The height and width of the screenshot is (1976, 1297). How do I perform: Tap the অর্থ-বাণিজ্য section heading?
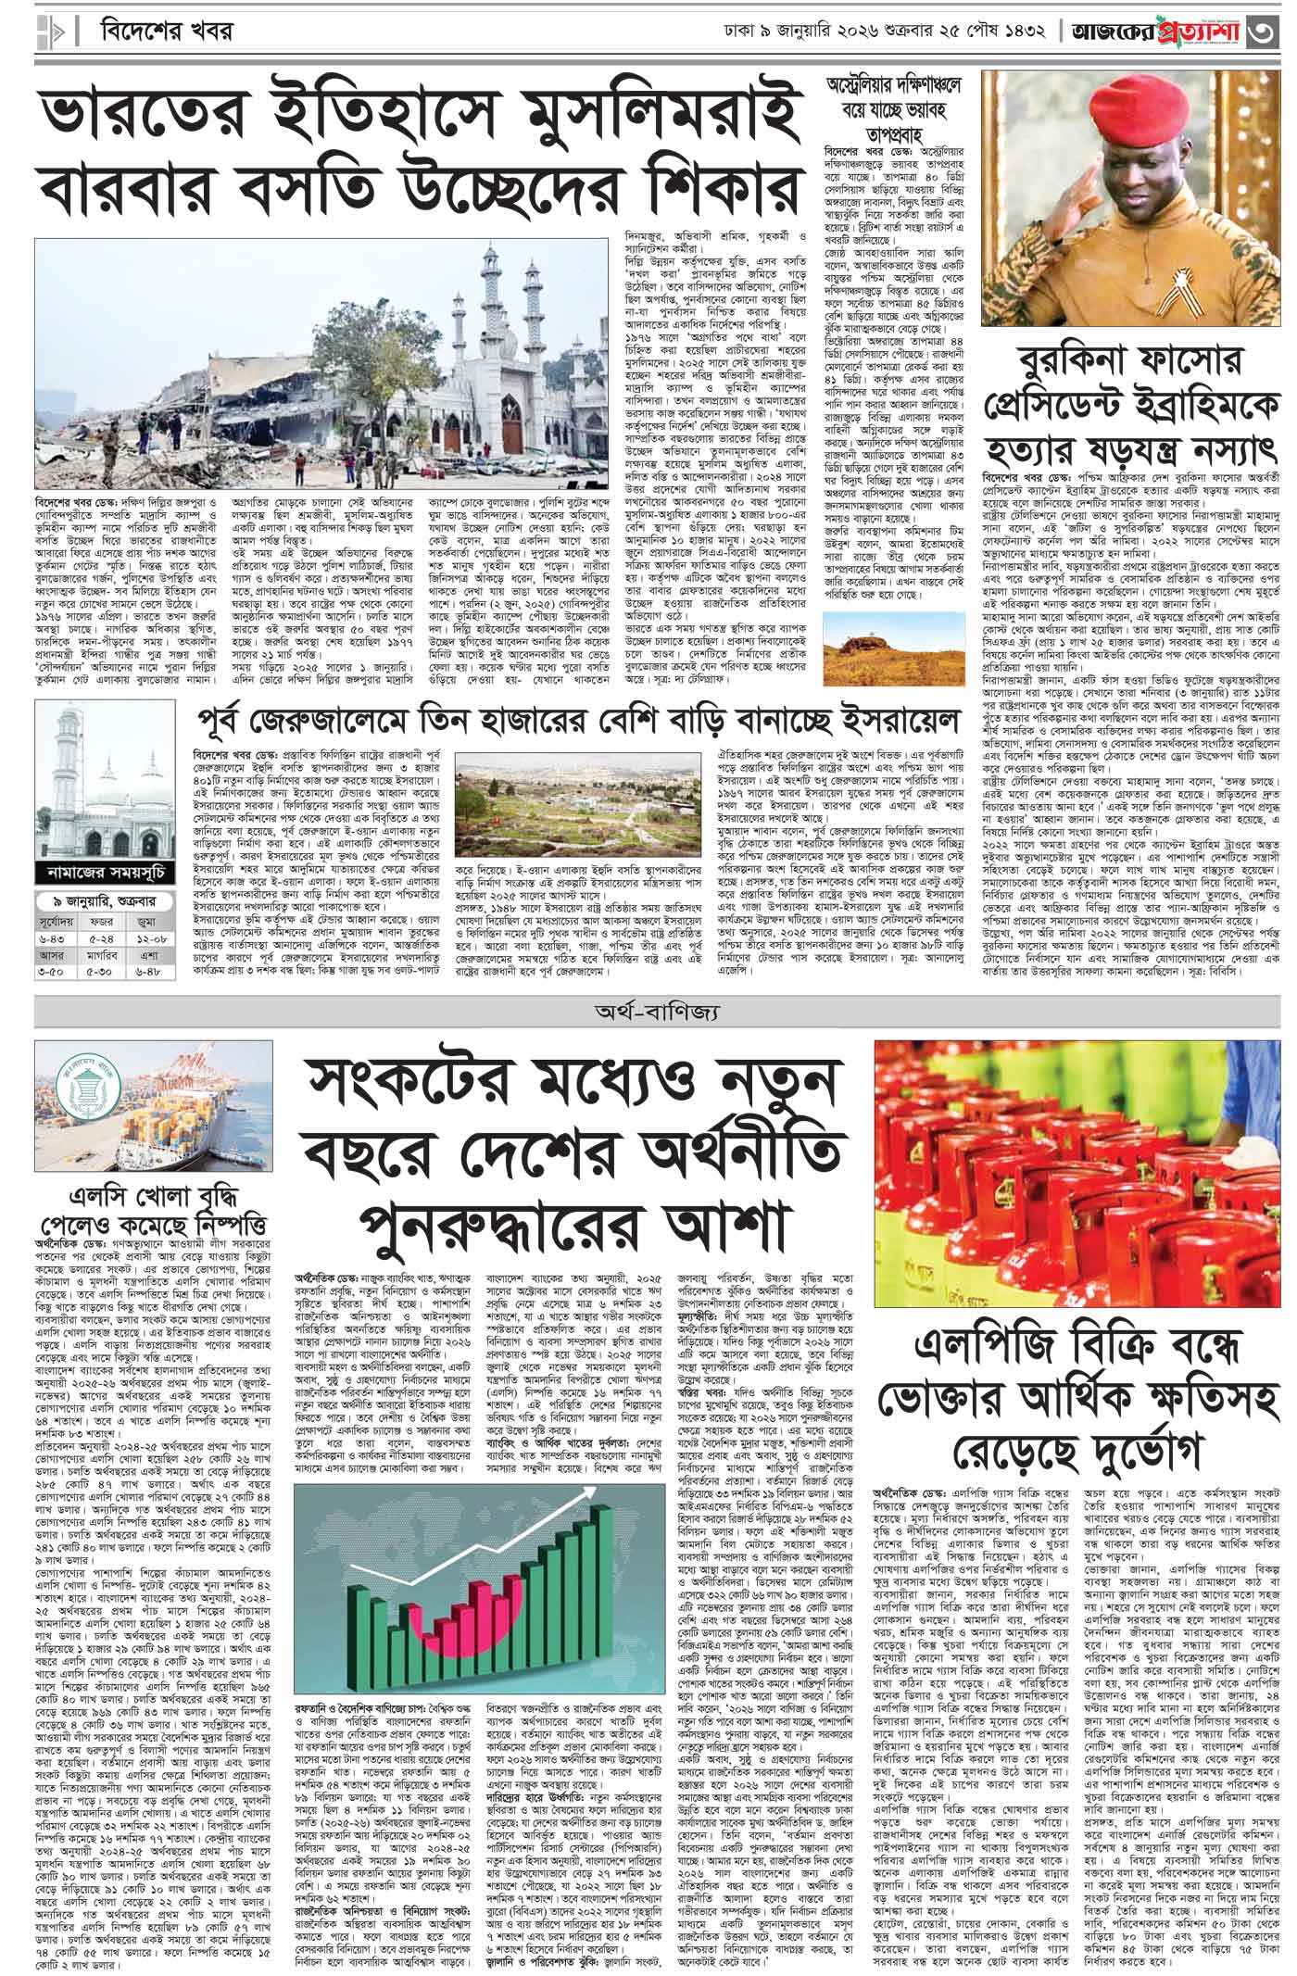pos(648,1013)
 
